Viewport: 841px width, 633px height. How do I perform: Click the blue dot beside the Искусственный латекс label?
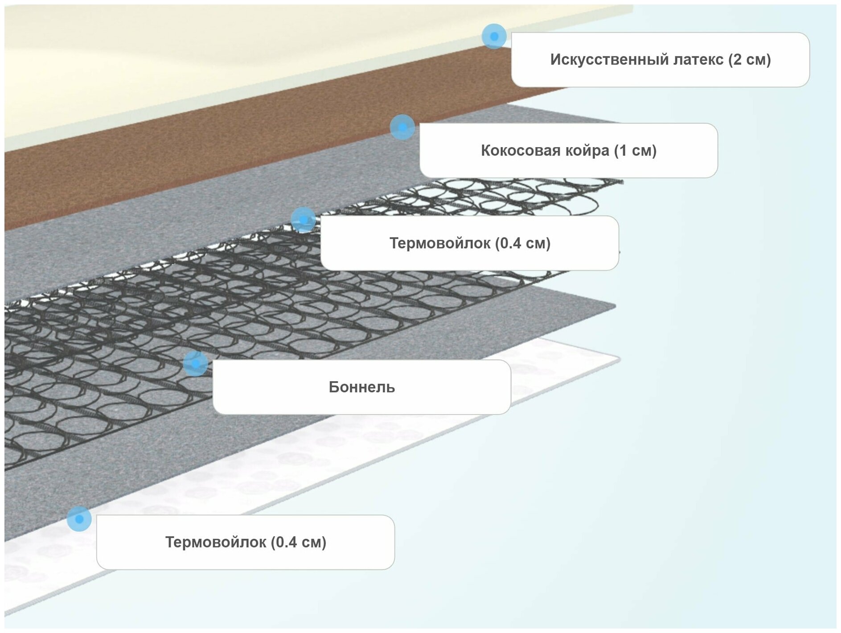click(494, 37)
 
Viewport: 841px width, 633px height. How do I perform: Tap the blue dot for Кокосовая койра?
click(402, 127)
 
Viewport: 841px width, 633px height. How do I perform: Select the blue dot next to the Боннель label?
click(195, 364)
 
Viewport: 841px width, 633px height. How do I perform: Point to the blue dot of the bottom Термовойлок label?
click(79, 519)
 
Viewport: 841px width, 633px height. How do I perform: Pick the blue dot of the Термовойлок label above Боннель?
click(304, 220)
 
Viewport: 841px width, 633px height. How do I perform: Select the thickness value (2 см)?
click(750, 60)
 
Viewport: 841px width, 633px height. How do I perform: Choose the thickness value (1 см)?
click(635, 151)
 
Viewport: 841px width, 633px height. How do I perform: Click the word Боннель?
click(361, 387)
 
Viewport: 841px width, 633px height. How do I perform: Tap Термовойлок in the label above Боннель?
click(440, 243)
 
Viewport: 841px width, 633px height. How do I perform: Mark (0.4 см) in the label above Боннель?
click(523, 243)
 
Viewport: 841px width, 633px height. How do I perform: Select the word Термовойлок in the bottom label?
click(216, 543)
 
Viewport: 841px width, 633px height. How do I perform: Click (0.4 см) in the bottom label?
click(299, 543)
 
